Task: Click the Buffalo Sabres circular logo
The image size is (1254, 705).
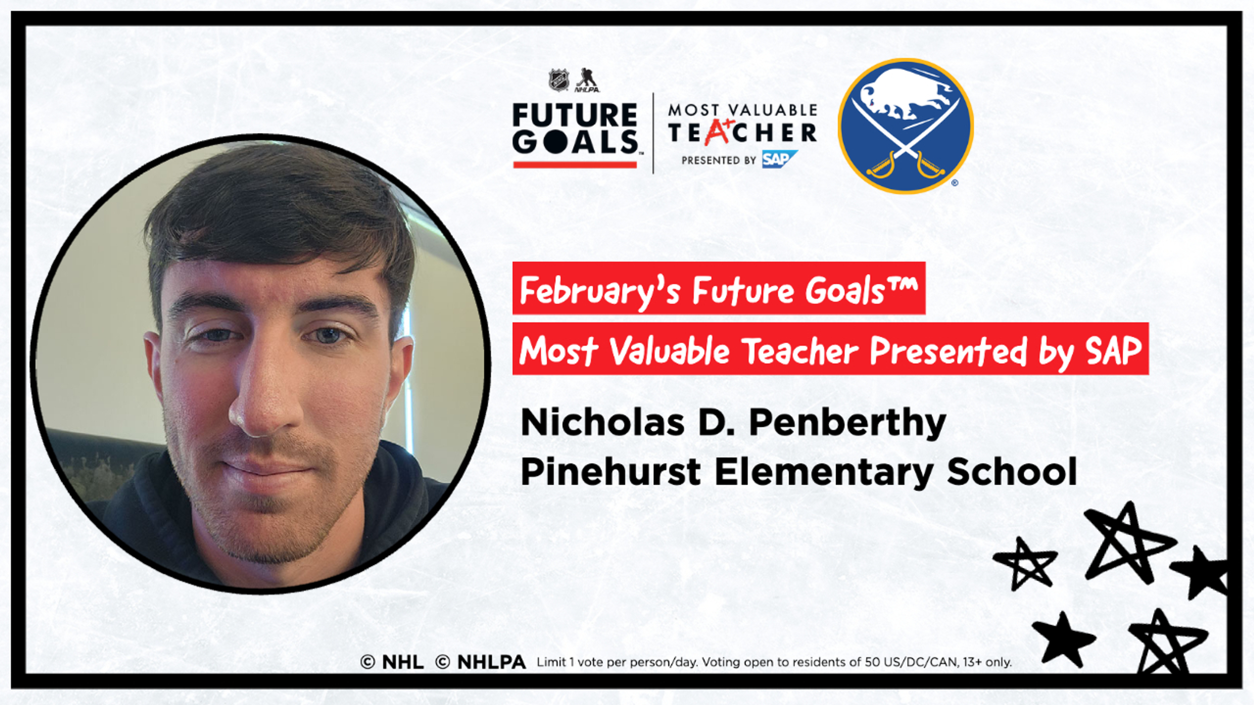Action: coord(906,126)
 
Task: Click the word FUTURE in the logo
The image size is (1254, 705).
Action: coord(574,116)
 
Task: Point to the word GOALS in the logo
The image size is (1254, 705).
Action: coord(575,142)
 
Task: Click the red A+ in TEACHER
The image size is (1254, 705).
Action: coord(718,131)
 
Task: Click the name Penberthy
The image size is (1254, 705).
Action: coord(847,423)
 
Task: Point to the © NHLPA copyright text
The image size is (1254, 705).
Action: coord(480,662)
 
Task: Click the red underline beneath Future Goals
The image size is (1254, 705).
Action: coord(575,165)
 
